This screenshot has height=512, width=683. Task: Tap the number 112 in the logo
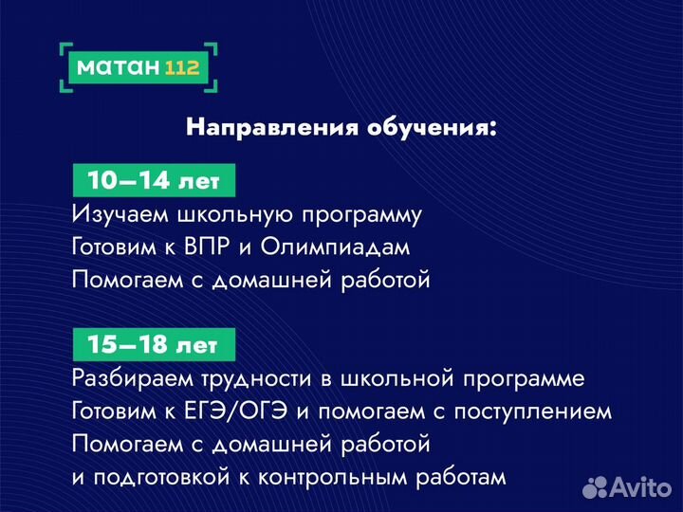pos(181,67)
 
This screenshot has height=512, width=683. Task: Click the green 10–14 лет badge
pos(154,180)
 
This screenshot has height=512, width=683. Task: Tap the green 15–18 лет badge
pos(154,344)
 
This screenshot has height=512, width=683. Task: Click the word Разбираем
pos(128,378)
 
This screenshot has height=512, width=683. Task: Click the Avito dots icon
pos(595,487)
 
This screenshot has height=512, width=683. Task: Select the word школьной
pos(399,378)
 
